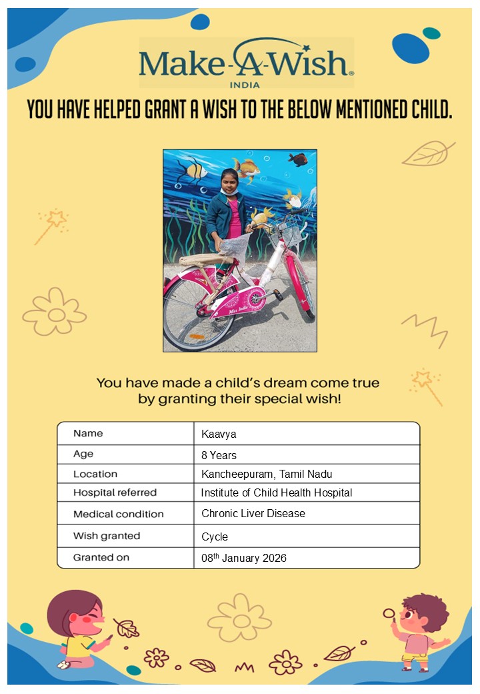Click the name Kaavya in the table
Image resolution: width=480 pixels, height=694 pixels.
click(219, 434)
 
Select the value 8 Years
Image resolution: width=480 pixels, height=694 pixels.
click(219, 456)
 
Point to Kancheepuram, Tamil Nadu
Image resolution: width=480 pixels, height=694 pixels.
click(267, 474)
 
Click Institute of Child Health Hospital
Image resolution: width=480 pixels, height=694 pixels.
click(276, 493)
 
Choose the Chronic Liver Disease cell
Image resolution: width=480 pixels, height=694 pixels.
click(253, 514)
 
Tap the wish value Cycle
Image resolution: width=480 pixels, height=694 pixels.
click(215, 537)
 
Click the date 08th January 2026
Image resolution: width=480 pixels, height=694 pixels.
click(243, 558)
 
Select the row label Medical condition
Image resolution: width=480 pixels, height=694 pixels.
click(118, 514)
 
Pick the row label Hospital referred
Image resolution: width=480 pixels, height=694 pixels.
click(115, 493)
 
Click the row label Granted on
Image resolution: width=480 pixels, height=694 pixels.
click(101, 557)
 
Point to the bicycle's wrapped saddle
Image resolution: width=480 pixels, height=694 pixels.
click(200, 260)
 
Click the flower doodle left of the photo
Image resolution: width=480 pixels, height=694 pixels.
click(54, 312)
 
